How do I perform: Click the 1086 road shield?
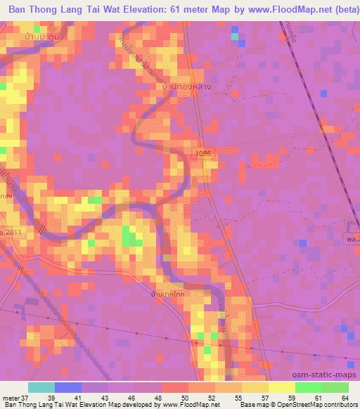[203, 152]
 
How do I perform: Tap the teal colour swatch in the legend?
[41, 387]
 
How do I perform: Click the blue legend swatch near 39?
[68, 387]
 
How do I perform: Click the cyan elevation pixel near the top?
[235, 31]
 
